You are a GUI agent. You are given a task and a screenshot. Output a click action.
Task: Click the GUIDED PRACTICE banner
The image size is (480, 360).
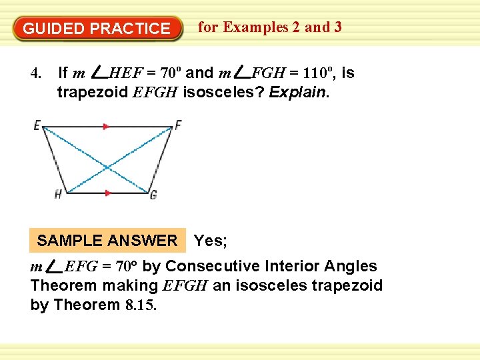coord(97,29)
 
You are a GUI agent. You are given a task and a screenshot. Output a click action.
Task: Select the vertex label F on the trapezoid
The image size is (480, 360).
coord(178,125)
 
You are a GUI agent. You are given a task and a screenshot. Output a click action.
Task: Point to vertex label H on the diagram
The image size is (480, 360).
coord(59,194)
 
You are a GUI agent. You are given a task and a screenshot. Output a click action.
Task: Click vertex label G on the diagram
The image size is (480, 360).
coord(153,195)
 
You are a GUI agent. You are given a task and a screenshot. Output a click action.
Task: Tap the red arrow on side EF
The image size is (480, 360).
coord(105,125)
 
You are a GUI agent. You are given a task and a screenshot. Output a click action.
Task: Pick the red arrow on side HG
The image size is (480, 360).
coord(108,193)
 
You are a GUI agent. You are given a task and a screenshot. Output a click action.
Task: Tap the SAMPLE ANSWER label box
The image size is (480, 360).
coord(107,241)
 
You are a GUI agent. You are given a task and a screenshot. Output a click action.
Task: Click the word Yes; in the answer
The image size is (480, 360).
coord(210,241)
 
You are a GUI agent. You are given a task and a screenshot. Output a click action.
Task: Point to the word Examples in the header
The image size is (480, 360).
coord(256,27)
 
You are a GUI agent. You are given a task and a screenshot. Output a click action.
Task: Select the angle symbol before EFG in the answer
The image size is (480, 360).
coord(53,267)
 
